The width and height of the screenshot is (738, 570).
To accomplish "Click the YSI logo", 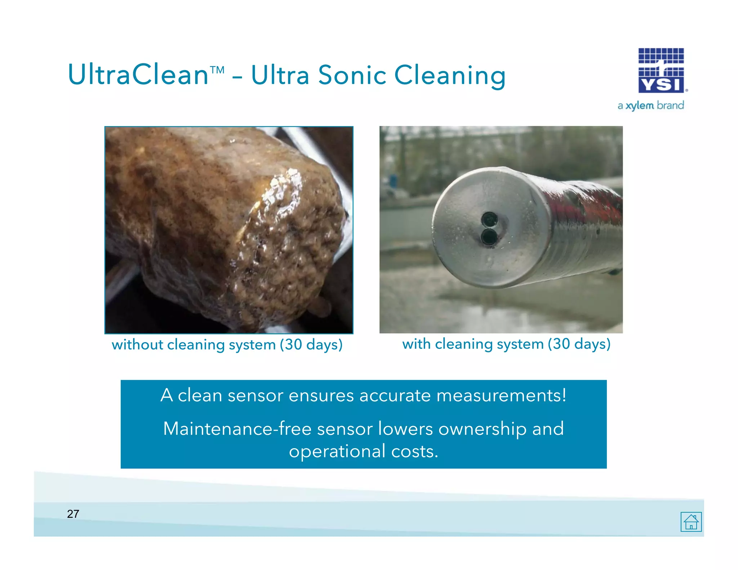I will point(661,71).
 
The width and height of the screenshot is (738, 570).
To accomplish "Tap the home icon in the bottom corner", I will point(691,521).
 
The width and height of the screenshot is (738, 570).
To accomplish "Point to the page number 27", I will point(73,514).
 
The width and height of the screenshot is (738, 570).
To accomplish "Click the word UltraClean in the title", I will point(138,75).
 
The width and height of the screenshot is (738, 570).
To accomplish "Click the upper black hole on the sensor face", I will point(489,218).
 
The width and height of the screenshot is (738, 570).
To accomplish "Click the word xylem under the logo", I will point(640,106).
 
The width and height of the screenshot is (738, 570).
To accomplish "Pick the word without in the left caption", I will point(138,345).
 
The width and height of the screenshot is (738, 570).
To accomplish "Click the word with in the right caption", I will point(416,344).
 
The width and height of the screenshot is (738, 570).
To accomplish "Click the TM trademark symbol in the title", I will point(217,68).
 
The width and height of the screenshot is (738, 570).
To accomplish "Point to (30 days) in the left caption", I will point(311,345).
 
